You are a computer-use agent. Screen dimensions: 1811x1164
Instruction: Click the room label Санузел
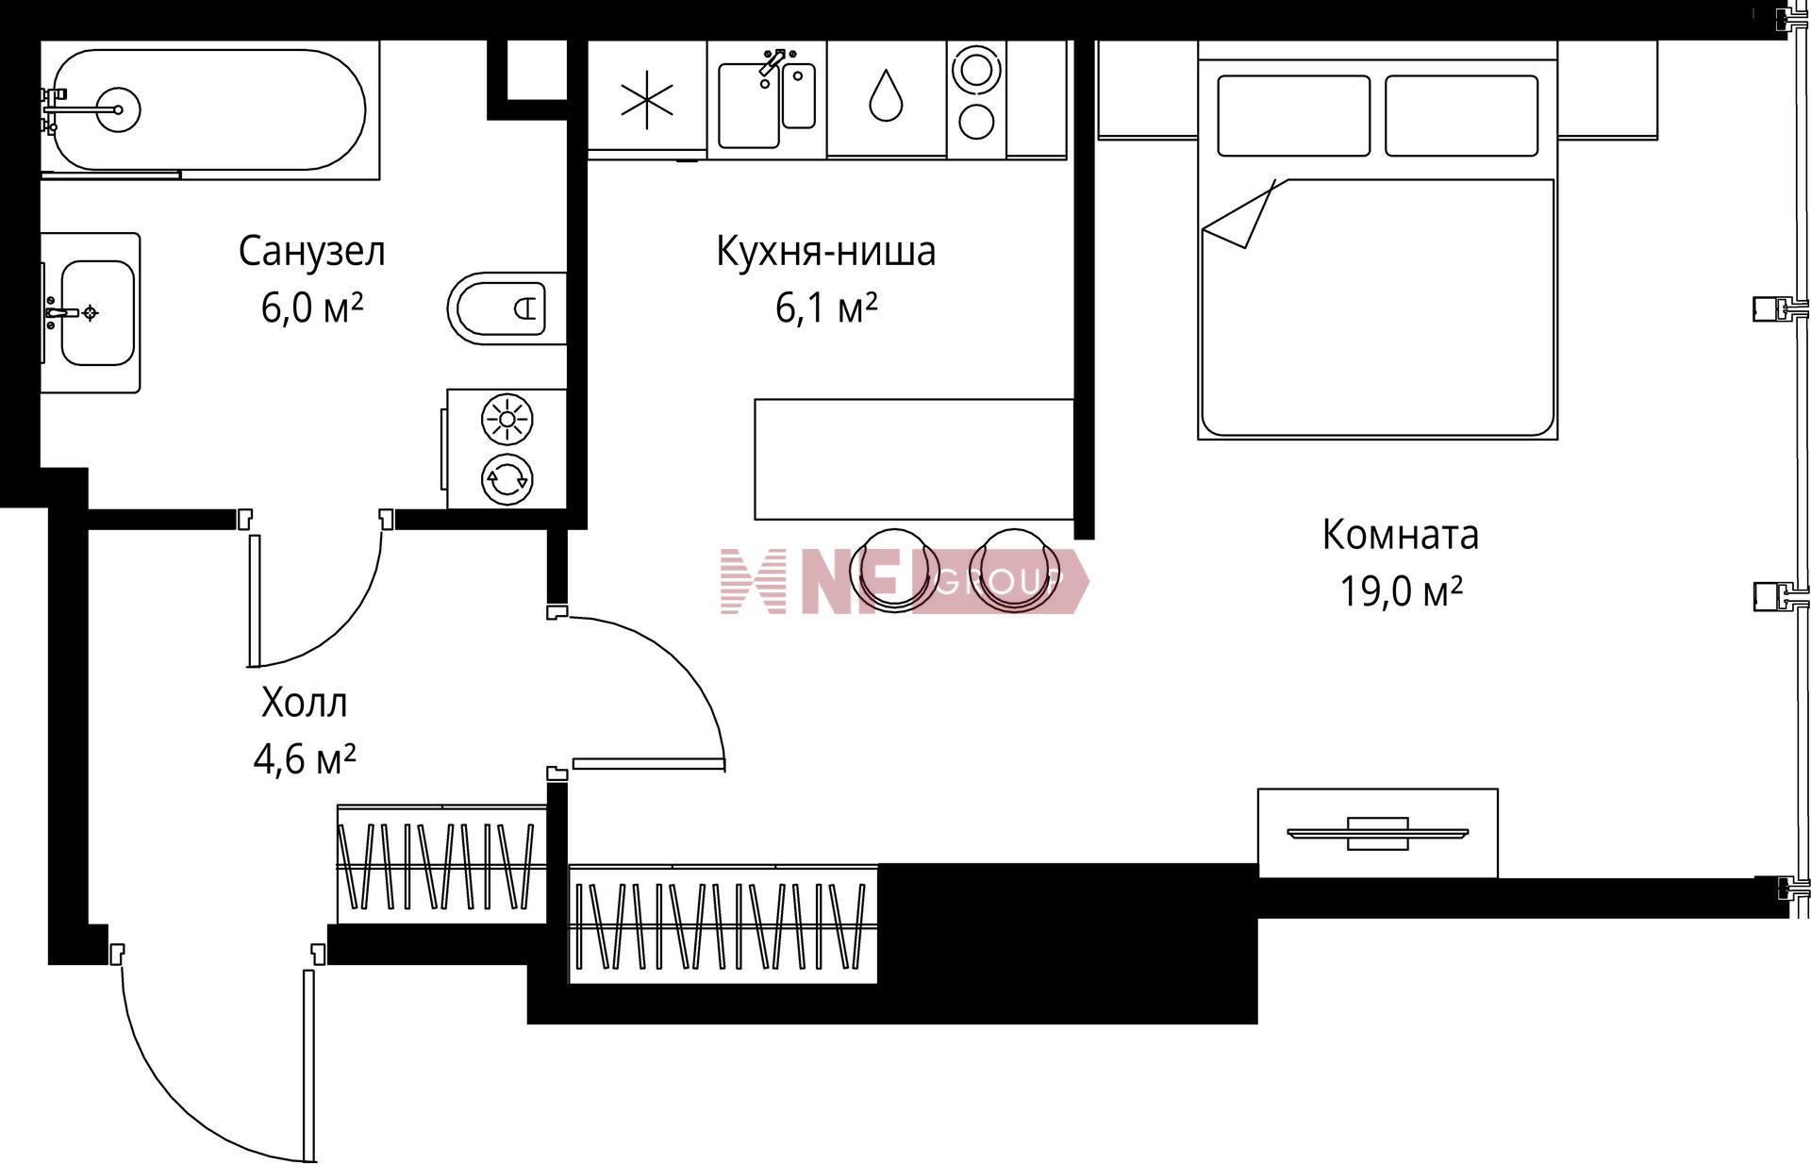(x=311, y=251)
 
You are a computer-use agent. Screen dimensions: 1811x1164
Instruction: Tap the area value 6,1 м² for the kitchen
(x=826, y=308)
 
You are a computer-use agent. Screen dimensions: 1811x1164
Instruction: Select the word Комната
(x=1400, y=534)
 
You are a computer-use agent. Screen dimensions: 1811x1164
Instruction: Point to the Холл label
(x=304, y=703)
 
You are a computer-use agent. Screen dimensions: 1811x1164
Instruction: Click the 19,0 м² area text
(x=1401, y=591)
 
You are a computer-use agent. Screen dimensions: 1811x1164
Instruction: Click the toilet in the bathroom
(x=507, y=308)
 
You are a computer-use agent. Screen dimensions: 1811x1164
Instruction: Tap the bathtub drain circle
(x=118, y=109)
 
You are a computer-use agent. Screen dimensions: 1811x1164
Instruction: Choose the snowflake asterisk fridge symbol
(x=647, y=100)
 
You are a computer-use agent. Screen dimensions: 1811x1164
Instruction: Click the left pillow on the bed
(x=1293, y=115)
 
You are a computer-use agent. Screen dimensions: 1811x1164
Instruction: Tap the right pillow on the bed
(x=1461, y=115)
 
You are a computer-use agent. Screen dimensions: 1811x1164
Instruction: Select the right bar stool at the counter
(x=1014, y=569)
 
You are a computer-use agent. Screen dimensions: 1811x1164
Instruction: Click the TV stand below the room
(x=1377, y=833)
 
